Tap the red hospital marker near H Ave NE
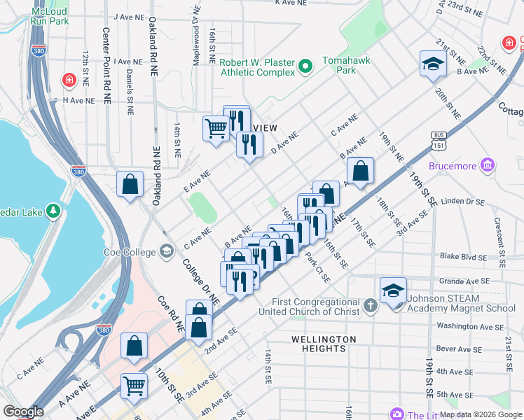click(x=69, y=80)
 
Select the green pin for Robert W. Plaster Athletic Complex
click(x=305, y=67)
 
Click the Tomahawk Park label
click(x=340, y=65)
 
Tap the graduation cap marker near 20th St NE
click(x=433, y=64)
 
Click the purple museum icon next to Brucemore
click(x=488, y=166)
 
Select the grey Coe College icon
click(x=167, y=250)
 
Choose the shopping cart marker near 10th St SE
click(x=134, y=385)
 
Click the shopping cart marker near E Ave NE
click(x=216, y=128)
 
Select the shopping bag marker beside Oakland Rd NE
click(x=130, y=184)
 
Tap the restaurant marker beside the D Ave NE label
click(x=249, y=145)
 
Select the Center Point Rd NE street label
click(x=107, y=66)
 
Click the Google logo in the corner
click(x=23, y=412)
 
